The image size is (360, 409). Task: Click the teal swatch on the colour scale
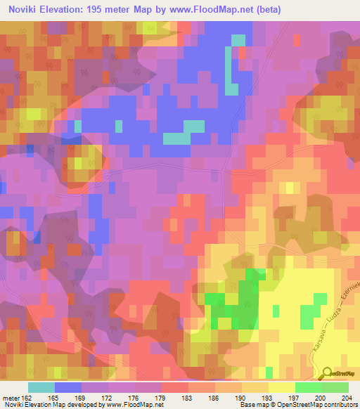point(41,387)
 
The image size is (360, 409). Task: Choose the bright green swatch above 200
point(309,387)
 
